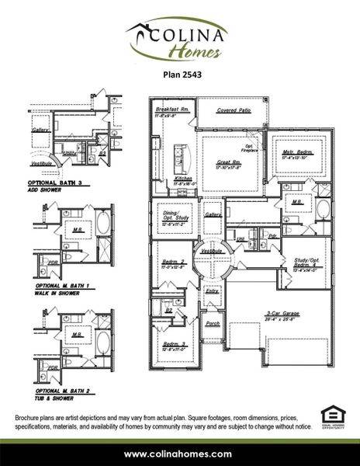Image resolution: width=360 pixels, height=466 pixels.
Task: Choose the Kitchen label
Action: coord(184,179)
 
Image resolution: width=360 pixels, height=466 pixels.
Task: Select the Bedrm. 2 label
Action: coord(172,263)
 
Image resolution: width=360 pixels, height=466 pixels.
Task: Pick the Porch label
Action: coord(213,323)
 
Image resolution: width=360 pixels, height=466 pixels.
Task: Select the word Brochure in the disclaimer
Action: coord(31,418)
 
